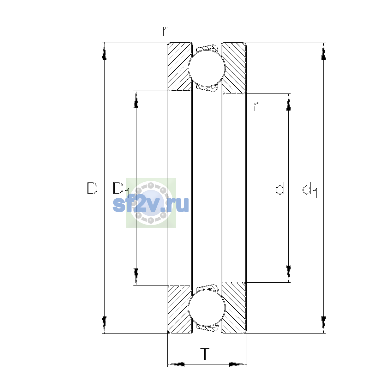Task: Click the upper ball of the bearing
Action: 207,68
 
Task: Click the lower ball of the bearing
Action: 207,308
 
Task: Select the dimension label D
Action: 92,189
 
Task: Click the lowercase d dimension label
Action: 280,188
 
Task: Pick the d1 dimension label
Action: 310,189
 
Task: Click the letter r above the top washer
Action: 165,31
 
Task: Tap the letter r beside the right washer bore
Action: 256,107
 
